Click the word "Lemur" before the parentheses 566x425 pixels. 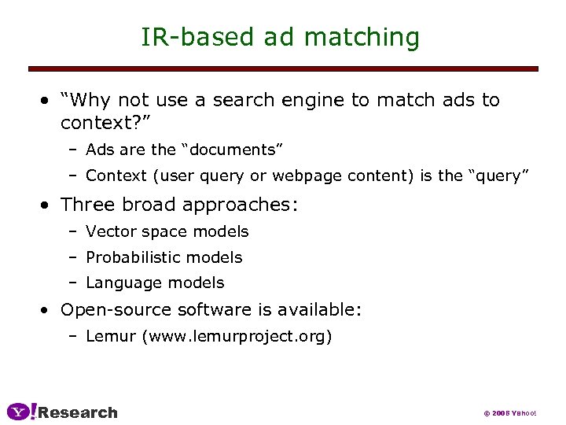coord(111,337)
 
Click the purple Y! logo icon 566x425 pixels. coord(20,412)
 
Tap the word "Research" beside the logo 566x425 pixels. coord(78,412)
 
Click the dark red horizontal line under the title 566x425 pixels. coord(283,69)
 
